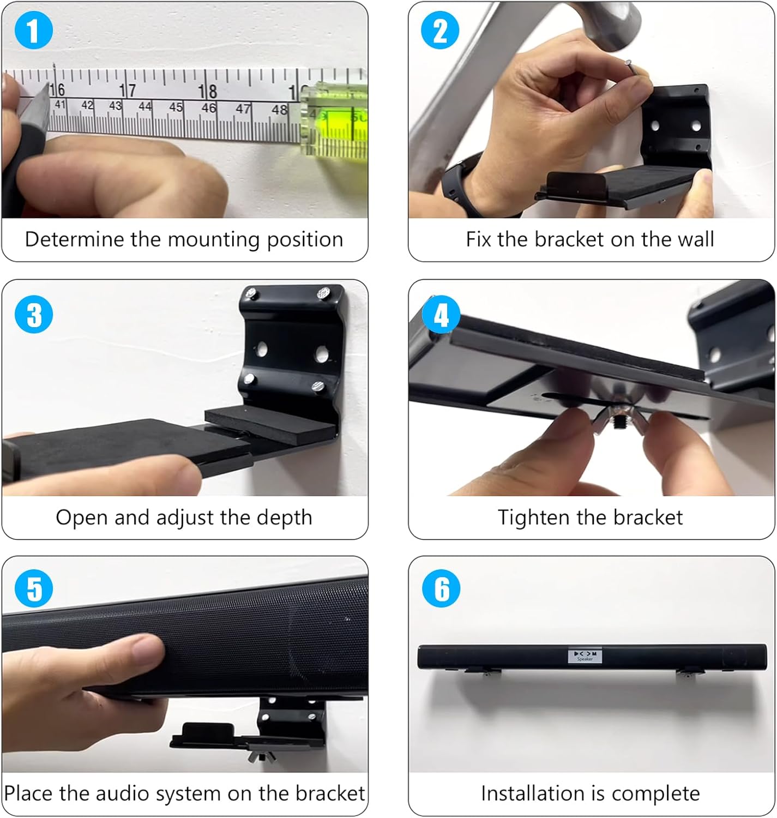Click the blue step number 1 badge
[x=34, y=30]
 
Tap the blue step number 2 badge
[x=441, y=30]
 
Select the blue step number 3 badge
[x=34, y=315]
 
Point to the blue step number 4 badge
[x=441, y=315]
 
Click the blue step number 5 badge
[x=34, y=588]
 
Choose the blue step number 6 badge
[x=441, y=588]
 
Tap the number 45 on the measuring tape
[x=176, y=107]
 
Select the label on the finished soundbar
[x=585, y=656]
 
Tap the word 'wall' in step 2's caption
[x=696, y=240]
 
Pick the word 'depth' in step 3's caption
[x=287, y=518]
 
